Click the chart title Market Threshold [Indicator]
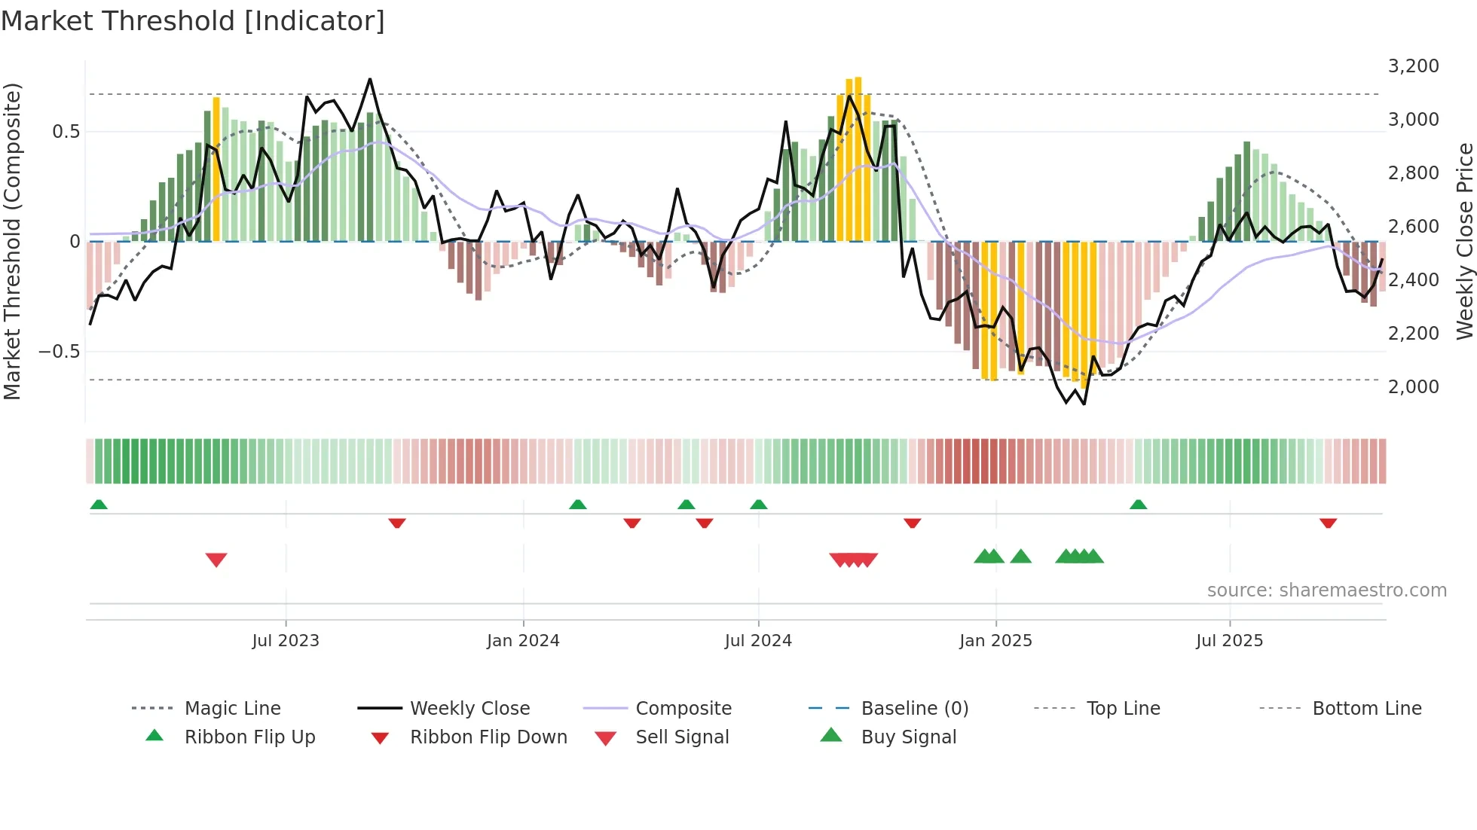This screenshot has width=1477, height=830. (x=193, y=21)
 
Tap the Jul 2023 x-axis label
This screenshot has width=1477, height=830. (x=286, y=641)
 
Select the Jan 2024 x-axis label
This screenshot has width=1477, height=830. (x=523, y=641)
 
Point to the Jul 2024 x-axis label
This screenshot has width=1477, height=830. (x=758, y=641)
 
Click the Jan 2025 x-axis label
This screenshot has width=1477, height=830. (x=995, y=641)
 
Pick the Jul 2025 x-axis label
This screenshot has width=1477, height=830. (x=1229, y=641)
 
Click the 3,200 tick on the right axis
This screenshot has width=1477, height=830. (x=1413, y=66)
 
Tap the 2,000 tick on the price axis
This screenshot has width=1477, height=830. (x=1413, y=387)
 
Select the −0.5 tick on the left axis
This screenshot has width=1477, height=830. (x=59, y=352)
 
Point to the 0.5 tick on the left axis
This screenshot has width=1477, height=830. (x=66, y=132)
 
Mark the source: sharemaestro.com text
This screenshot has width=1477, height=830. (x=1326, y=590)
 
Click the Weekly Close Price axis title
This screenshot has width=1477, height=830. (x=1464, y=241)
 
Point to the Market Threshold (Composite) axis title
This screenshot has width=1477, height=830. (x=12, y=241)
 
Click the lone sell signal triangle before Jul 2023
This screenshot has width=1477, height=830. (x=216, y=560)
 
